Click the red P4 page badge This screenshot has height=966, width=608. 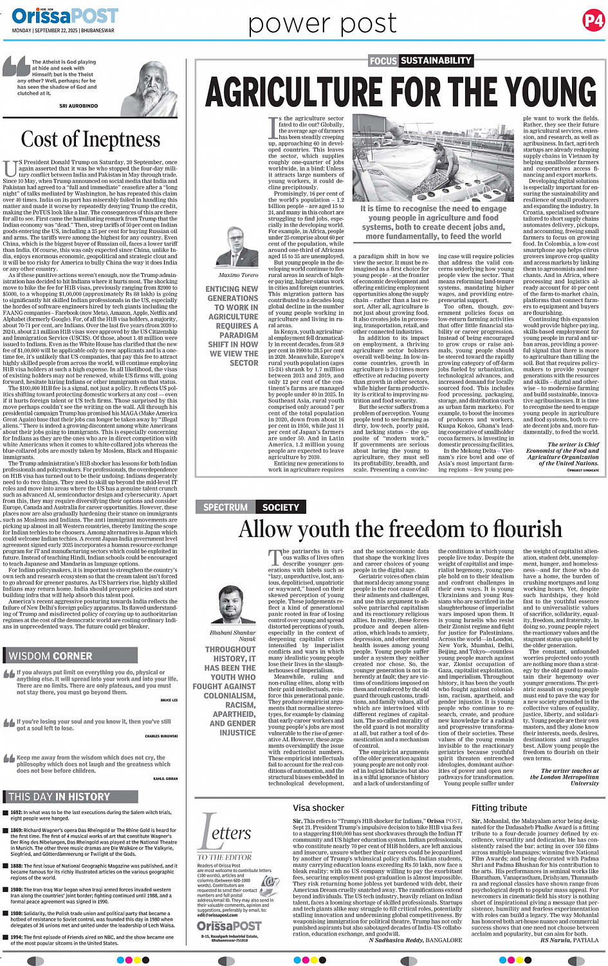(593, 21)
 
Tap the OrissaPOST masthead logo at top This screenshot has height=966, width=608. (64, 15)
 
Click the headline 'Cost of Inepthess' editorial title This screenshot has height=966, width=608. (91, 139)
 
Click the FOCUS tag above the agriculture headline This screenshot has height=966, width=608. (383, 61)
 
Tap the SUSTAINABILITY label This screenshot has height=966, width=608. (436, 61)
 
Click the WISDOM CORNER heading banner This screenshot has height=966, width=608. (51, 656)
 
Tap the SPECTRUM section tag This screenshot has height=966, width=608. (225, 507)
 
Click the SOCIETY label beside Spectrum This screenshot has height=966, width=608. (281, 507)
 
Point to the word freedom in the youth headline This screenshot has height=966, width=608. (427, 529)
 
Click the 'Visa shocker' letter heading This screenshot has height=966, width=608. (318, 808)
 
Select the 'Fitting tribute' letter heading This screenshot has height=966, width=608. (499, 808)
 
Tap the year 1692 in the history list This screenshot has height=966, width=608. (16, 813)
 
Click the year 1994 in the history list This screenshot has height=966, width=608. (16, 937)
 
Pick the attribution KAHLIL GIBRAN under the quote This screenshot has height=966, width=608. (165, 779)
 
